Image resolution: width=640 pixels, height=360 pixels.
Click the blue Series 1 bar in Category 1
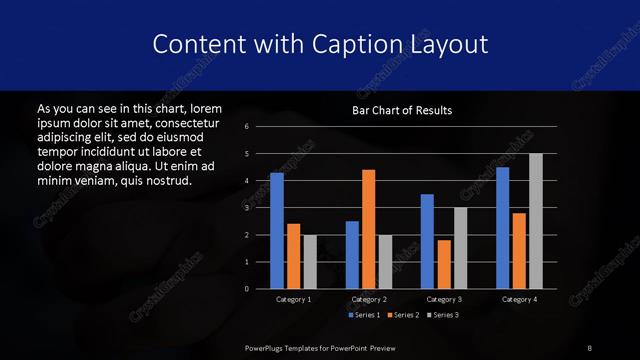pyautogui.click(x=277, y=231)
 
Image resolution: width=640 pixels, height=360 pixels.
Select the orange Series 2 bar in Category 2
pyautogui.click(x=368, y=229)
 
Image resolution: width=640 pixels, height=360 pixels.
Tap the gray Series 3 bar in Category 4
pyautogui.click(x=535, y=221)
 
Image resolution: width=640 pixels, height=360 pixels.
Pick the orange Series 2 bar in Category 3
pyautogui.click(x=443, y=264)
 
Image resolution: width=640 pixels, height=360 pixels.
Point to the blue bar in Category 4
pyautogui.click(x=502, y=228)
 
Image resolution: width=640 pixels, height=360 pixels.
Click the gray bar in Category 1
pyautogui.click(x=310, y=262)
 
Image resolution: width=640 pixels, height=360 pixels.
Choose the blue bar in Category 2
pyautogui.click(x=352, y=255)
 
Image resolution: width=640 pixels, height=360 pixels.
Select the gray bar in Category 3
pyautogui.click(x=460, y=248)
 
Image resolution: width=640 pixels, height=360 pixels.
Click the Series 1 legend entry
pyautogui.click(x=363, y=315)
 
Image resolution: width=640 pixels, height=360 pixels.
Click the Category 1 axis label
pyautogui.click(x=293, y=299)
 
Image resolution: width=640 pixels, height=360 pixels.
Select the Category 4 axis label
pyautogui.click(x=518, y=299)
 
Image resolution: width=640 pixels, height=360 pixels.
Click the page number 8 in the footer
pyautogui.click(x=590, y=347)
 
